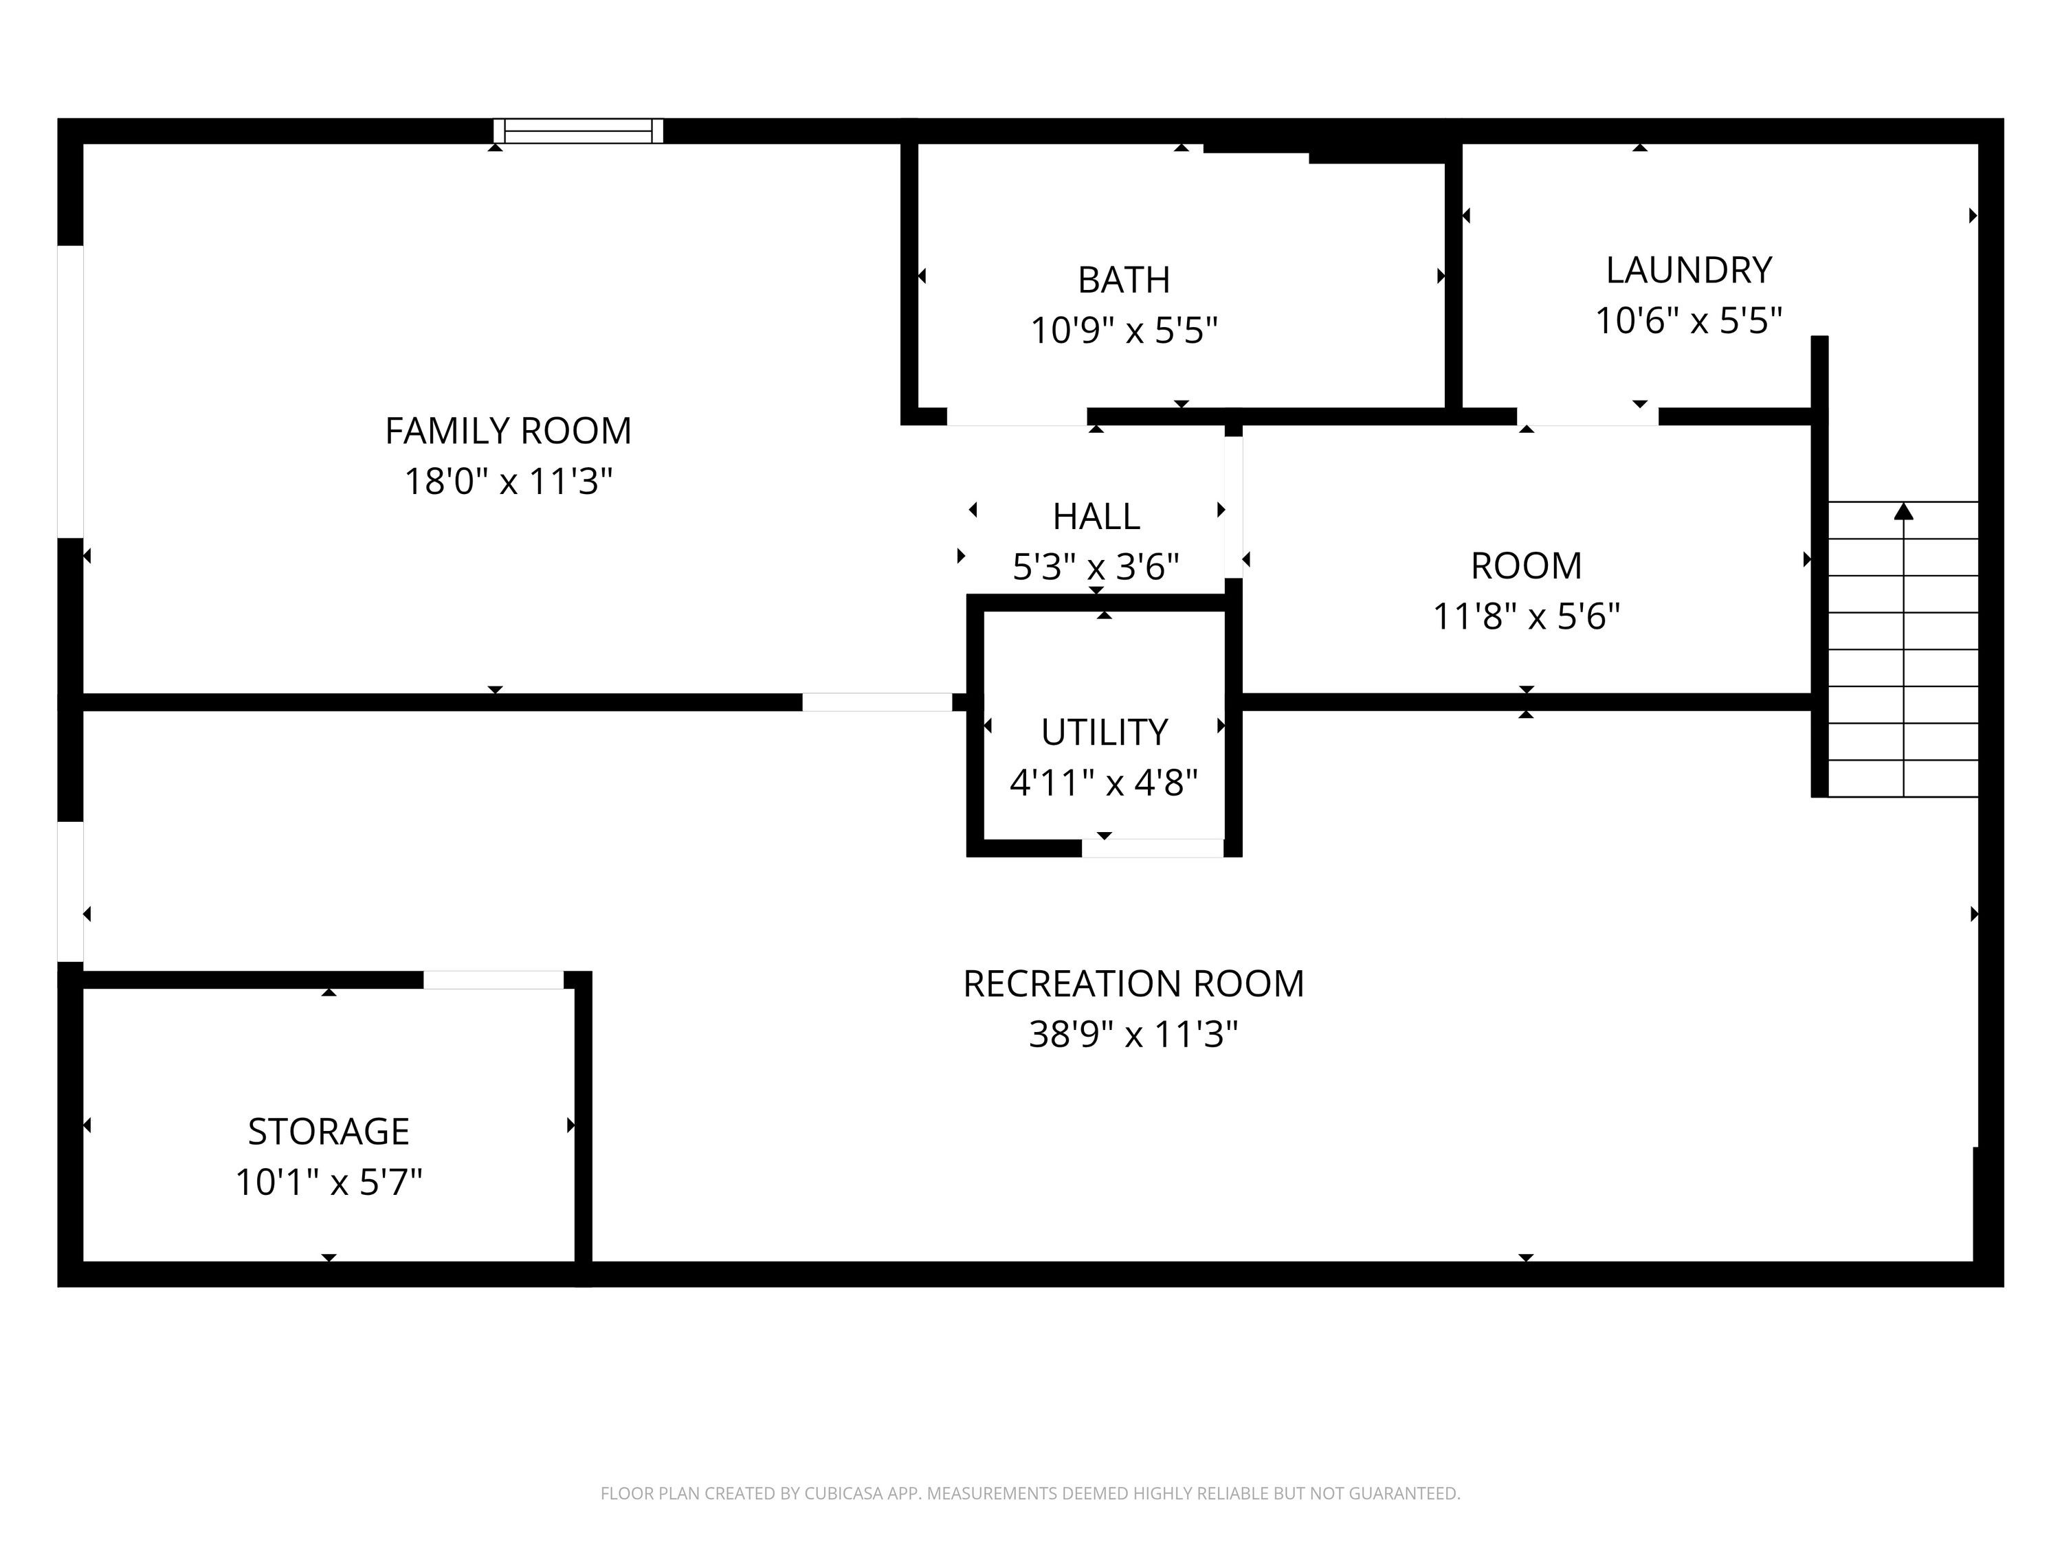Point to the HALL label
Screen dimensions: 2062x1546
[x=1096, y=516]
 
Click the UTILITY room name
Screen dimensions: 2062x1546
[x=1104, y=732]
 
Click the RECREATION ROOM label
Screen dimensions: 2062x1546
[x=1133, y=984]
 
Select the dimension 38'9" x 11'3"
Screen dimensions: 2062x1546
[x=1133, y=1034]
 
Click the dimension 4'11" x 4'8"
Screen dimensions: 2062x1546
[x=1104, y=783]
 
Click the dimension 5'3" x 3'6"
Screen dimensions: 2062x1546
[x=1096, y=567]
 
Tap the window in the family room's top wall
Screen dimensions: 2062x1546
[x=578, y=131]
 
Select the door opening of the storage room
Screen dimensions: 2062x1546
[x=494, y=979]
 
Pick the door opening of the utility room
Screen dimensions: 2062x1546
[x=1152, y=848]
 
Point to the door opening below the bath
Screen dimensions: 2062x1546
[x=1017, y=416]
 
